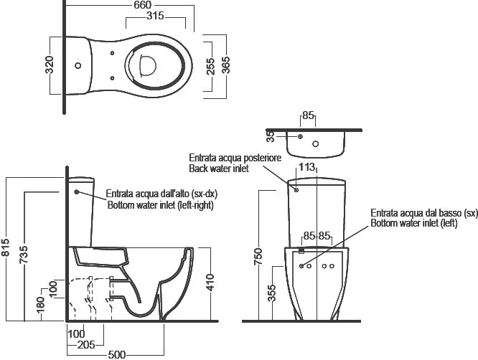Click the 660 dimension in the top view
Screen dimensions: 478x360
pos(142,5)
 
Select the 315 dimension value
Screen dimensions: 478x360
pos(155,16)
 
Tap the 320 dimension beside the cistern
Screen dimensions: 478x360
pos(50,65)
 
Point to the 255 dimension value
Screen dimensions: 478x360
pos(210,67)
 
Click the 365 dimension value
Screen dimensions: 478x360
pos(226,65)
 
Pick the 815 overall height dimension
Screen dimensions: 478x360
pos(6,247)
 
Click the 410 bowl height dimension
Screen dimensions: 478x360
pos(210,283)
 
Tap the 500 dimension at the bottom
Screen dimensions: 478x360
pos(117,355)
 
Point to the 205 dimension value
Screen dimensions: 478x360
pos(86,345)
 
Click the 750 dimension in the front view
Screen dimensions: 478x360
pos(258,257)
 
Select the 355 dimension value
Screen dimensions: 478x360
pos(271,293)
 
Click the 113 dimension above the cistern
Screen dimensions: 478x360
pos(306,167)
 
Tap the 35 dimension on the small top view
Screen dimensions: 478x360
pos(271,136)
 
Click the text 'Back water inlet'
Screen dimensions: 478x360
pos(219,169)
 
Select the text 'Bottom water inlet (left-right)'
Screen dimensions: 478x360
pos(160,205)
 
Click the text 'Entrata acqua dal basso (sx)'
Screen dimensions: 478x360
pos(424,213)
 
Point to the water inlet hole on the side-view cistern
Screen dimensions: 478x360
pos(77,191)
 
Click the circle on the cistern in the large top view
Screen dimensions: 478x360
pos(78,65)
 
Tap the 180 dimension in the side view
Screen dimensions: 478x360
pos(40,305)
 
